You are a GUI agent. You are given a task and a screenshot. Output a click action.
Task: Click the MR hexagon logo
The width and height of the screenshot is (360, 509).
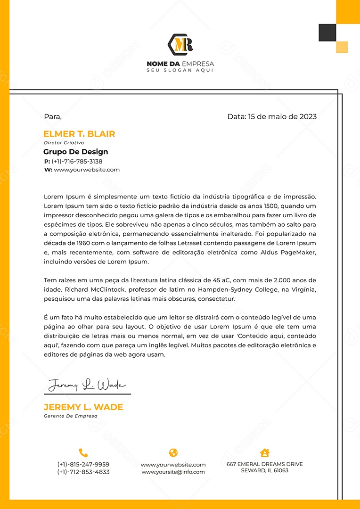180,44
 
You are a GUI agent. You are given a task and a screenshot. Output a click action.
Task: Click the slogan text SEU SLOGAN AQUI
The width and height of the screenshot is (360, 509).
180,70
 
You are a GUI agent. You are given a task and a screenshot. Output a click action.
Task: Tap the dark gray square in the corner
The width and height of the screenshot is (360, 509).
327,33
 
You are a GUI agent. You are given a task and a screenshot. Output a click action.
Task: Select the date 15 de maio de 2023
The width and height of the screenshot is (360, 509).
282,116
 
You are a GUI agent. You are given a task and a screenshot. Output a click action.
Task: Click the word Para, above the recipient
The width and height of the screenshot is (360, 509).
53,116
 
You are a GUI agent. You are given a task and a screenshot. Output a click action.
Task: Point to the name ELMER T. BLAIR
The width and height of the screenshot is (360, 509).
79,134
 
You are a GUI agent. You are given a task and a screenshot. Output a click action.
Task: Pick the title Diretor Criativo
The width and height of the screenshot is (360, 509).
64,142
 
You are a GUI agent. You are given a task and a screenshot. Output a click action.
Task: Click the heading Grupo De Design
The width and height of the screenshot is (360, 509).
76,152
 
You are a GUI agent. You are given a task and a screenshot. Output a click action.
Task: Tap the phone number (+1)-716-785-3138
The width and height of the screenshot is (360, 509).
77,161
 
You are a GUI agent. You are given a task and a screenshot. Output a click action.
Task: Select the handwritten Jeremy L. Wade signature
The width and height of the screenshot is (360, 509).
87,385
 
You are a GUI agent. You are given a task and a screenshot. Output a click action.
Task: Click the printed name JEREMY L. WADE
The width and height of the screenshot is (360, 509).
83,407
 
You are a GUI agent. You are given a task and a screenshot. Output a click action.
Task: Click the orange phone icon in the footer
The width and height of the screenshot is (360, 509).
83,453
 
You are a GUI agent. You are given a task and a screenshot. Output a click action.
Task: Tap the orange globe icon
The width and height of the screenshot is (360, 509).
173,453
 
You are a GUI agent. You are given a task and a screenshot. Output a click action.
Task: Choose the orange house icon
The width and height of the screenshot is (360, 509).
265,453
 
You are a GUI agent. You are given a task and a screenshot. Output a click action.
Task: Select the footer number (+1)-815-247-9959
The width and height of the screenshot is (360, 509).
83,464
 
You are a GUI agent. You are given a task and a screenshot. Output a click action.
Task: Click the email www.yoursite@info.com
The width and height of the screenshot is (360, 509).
173,472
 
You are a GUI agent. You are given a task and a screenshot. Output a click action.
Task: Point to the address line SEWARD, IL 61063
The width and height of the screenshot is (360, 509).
265,470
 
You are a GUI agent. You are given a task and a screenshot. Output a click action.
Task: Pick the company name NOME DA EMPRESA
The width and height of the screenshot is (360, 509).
180,64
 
